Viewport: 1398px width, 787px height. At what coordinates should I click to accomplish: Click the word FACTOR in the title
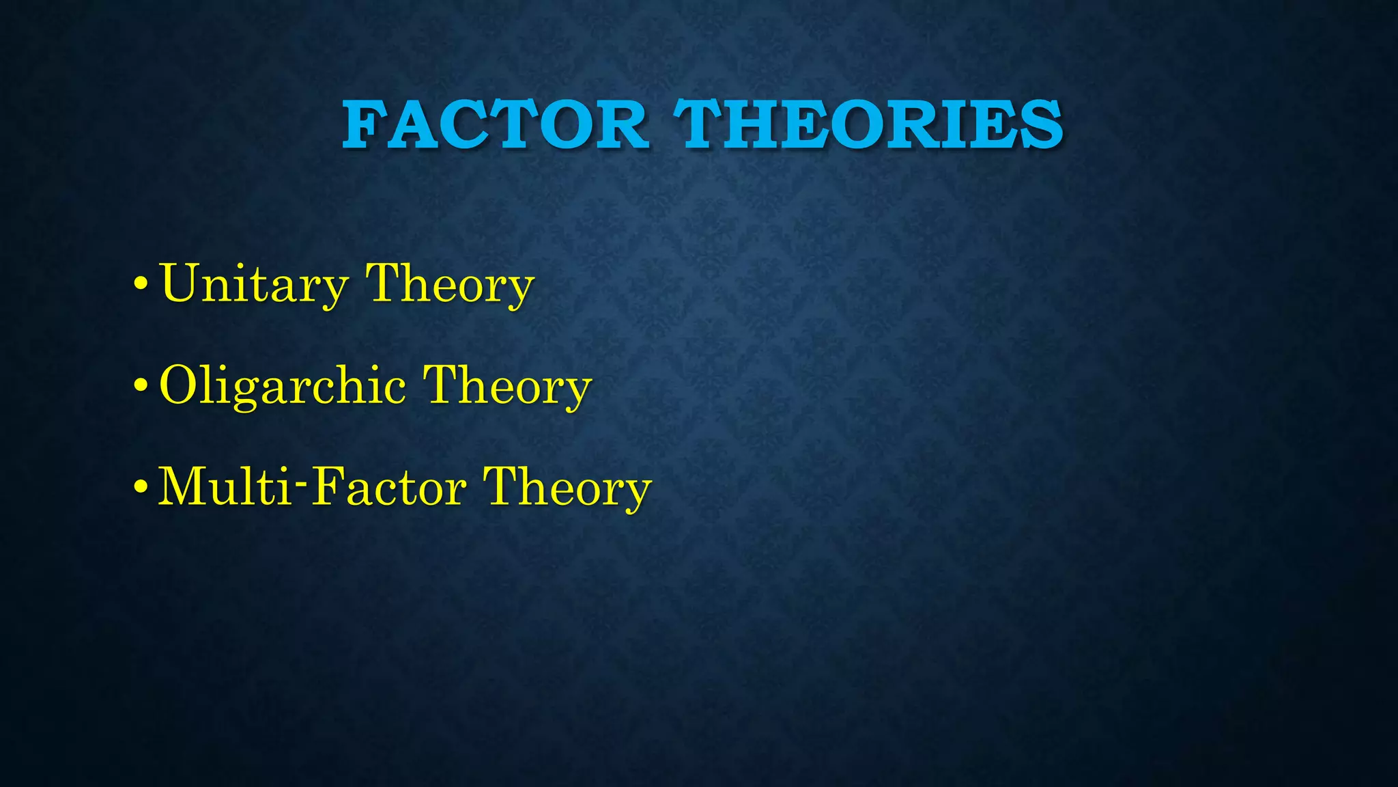(495, 124)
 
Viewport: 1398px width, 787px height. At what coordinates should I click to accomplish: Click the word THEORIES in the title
(868, 124)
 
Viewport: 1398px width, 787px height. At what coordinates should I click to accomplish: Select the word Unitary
(253, 284)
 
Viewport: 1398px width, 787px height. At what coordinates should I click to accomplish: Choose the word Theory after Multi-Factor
(567, 487)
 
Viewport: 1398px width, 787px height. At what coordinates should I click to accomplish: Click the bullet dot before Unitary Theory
(141, 284)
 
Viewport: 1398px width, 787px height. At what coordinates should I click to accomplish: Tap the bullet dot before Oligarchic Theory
(141, 385)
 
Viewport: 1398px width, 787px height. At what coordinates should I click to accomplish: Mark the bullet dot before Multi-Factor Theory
(141, 486)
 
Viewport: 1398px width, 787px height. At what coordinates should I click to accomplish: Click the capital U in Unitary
(178, 281)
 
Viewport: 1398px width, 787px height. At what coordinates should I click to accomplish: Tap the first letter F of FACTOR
(364, 124)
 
